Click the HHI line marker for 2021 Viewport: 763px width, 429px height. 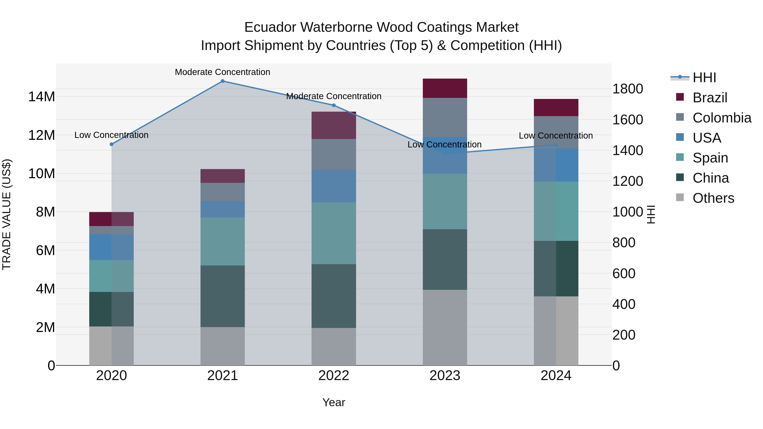click(223, 81)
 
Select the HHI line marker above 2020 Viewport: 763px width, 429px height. click(111, 144)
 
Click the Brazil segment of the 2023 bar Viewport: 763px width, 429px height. click(445, 88)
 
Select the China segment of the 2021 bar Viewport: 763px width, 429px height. click(223, 296)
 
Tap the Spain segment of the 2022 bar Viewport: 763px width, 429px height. click(334, 233)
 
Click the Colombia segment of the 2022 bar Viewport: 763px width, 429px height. click(334, 154)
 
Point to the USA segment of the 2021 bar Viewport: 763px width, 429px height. click(223, 209)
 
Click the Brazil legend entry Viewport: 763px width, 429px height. click(710, 98)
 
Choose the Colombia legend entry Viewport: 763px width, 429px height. click(721, 118)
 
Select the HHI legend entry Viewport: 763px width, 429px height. click(704, 78)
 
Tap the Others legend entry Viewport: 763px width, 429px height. click(713, 198)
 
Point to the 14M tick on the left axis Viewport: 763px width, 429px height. click(42, 97)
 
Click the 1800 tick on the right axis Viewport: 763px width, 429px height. click(627, 89)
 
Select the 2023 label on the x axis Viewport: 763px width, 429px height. click(445, 376)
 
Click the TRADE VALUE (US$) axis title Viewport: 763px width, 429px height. click(7, 214)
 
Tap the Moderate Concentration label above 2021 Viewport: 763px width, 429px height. click(223, 72)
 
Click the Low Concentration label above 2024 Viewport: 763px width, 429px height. click(556, 136)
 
